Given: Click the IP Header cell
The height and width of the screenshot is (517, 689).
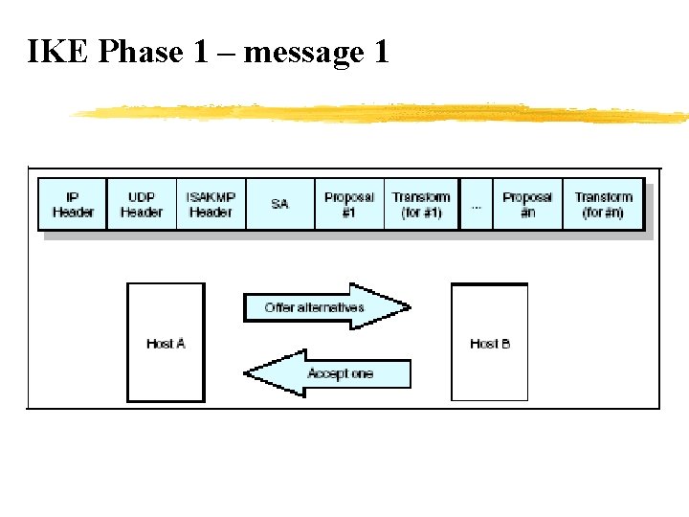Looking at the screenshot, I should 73,204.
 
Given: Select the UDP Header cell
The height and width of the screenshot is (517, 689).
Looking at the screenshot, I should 142,204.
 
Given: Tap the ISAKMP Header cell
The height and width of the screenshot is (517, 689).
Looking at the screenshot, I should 211,204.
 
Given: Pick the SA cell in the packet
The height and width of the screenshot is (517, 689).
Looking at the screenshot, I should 279,204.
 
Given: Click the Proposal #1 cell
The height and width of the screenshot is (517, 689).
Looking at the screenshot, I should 348,204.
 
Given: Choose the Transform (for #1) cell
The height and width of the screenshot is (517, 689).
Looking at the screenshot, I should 421,204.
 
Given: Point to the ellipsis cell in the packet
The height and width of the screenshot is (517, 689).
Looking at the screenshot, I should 477,204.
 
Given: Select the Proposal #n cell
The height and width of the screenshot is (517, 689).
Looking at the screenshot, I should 527,204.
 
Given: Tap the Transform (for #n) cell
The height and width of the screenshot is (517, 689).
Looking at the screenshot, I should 603,204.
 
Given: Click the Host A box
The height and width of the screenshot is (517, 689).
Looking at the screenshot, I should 166,342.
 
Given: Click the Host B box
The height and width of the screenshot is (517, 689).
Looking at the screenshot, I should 489,342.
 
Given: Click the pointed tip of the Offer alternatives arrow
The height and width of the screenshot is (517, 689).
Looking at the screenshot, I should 408,307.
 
